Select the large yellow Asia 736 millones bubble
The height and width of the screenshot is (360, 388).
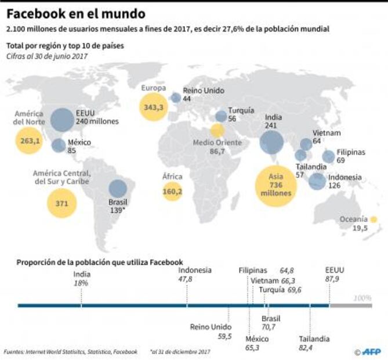(275, 186)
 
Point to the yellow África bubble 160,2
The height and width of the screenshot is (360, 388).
(172, 190)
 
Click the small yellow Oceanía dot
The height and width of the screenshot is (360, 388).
(374, 219)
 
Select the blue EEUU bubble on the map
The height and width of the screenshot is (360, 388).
(61, 120)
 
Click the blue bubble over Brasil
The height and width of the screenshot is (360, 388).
(118, 189)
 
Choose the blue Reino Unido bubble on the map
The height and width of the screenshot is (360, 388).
(176, 98)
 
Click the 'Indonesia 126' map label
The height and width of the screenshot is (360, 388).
(345, 182)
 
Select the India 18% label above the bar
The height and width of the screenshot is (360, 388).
(81, 279)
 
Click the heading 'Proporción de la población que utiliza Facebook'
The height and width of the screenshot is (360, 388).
(100, 262)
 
